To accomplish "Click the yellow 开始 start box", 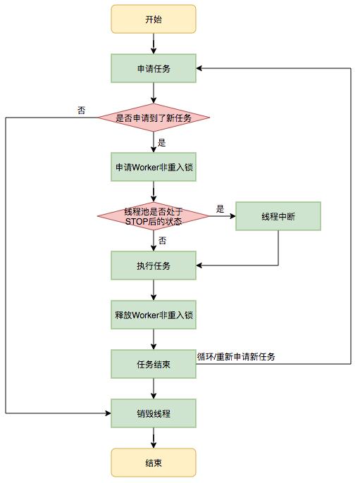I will point(153,20).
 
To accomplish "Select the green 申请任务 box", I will point(153,68).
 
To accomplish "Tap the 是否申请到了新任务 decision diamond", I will point(153,117).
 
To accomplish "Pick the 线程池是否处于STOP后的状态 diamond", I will point(153,217).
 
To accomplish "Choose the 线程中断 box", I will point(278,217).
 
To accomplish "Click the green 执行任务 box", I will point(153,265).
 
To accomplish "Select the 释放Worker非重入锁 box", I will point(153,314).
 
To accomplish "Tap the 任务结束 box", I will point(153,363).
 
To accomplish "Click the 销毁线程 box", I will point(153,413).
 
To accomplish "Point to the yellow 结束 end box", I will point(153,462).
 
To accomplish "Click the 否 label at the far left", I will point(82,110).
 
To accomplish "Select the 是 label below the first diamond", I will point(161,142).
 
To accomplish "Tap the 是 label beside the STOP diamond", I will point(220,208).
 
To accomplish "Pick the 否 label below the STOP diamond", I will point(162,241).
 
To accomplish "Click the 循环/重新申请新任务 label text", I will point(236,357).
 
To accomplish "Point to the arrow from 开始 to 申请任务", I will point(153,44).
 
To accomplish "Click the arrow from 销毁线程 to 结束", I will point(153,437).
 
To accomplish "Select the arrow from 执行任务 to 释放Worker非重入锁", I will point(153,290).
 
